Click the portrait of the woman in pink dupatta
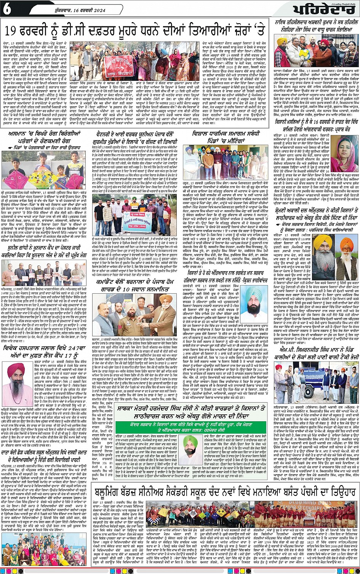click(344, 154)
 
